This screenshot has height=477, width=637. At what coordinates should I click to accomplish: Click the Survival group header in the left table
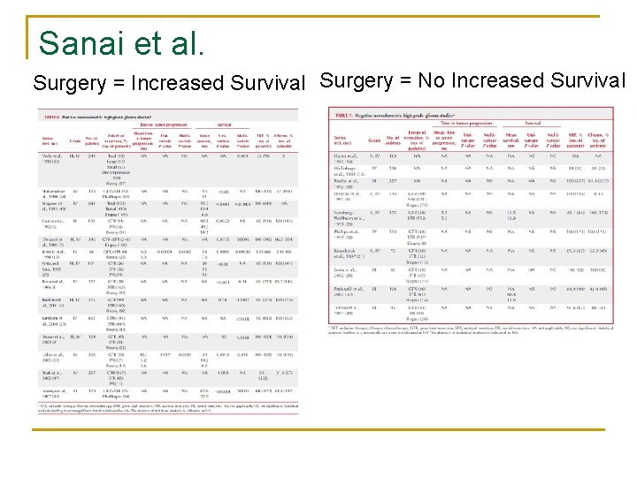[x=225, y=125]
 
